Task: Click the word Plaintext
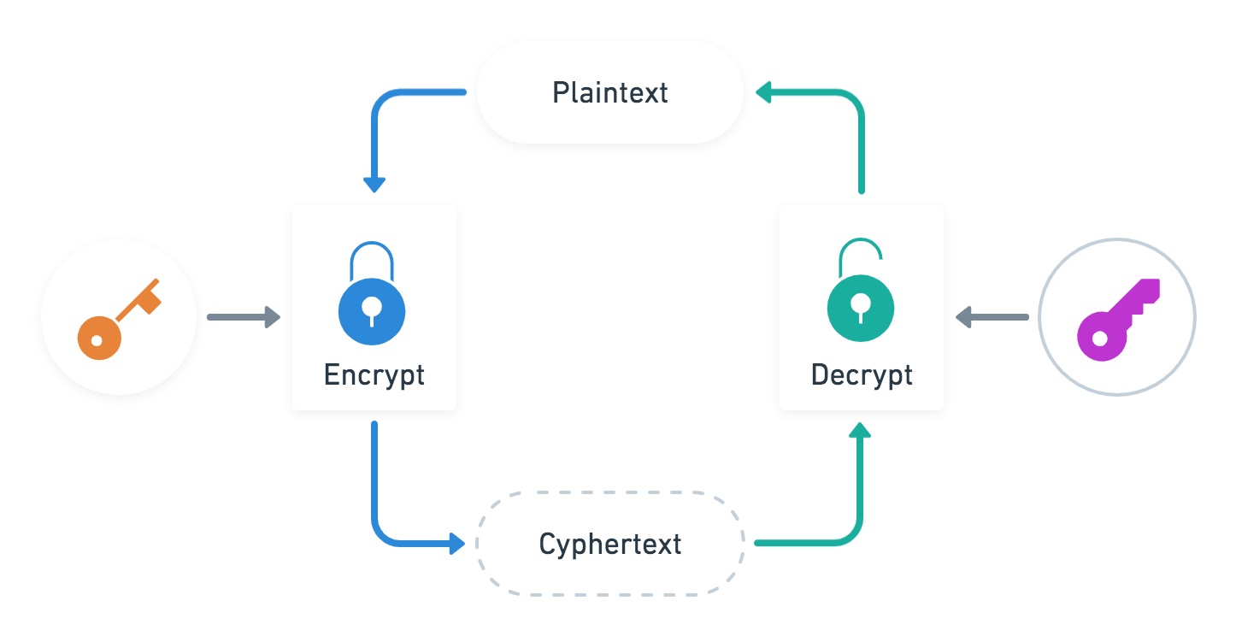tap(609, 92)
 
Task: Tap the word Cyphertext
tap(609, 544)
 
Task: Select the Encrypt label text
tap(374, 374)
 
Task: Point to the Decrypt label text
tap(862, 374)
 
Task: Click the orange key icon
tap(118, 317)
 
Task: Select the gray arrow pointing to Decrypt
tap(992, 317)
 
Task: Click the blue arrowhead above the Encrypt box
tap(374, 185)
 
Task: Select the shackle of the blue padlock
tap(372, 256)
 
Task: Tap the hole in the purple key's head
tap(1099, 339)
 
